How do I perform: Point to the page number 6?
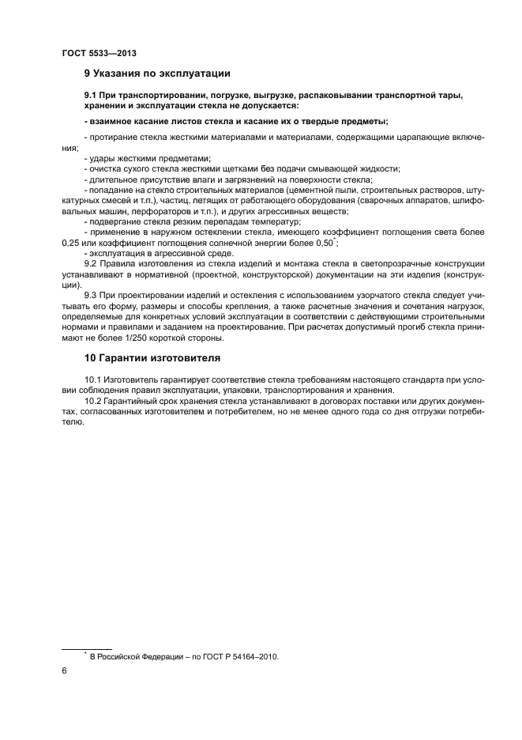pyautogui.click(x=64, y=670)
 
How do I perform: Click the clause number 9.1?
pyautogui.click(x=92, y=95)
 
